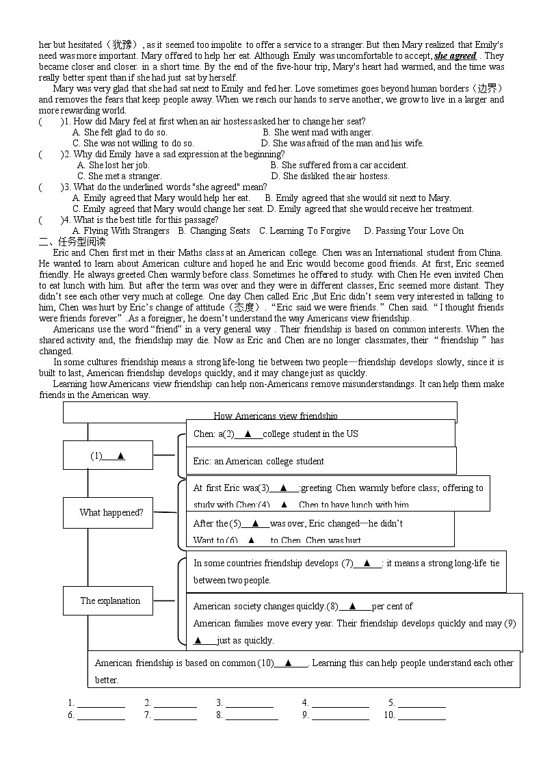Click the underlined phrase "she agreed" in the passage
(455, 55)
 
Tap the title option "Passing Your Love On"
(414, 230)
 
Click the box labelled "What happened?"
(111, 512)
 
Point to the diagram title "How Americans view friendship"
(275, 416)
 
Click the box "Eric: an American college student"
(259, 461)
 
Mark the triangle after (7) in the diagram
(367, 563)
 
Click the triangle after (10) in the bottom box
(288, 662)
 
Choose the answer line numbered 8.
(251, 716)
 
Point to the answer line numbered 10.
(421, 716)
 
